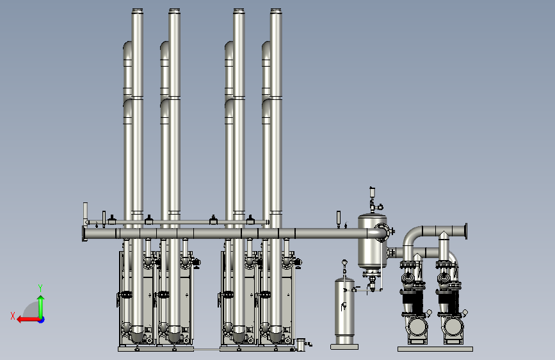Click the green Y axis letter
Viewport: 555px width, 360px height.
pos(40,288)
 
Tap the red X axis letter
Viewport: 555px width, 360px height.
pos(13,316)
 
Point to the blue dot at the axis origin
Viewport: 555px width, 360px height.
pos(42,320)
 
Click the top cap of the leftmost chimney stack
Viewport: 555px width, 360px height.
pos(138,11)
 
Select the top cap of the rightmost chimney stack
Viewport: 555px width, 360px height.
pos(276,11)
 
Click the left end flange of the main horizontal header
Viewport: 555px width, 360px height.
pos(84,234)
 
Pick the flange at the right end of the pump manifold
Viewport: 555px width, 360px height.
pos(466,231)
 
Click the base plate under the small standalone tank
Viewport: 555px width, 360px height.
pos(344,347)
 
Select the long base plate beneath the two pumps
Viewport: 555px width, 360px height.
pos(435,349)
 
